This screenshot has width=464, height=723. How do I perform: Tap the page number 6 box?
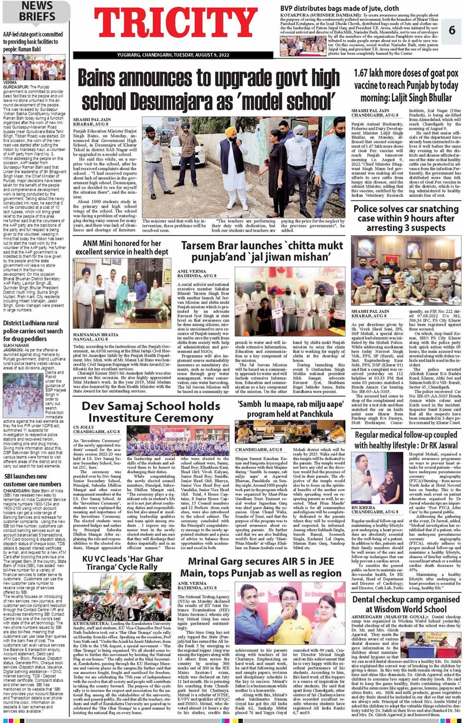click(x=452, y=30)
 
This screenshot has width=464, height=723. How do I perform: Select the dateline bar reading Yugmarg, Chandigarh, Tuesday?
click(x=173, y=55)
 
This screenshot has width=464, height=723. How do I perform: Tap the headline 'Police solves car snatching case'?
click(x=406, y=218)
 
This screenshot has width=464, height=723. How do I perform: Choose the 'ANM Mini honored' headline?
click(x=122, y=248)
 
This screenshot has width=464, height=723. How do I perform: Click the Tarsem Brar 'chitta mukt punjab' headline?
click(x=262, y=251)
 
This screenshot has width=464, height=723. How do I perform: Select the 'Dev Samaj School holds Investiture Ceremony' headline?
click(x=151, y=412)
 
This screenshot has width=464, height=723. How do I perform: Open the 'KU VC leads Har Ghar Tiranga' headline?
click(x=122, y=563)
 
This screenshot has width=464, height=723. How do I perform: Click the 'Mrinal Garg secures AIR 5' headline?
click(x=261, y=567)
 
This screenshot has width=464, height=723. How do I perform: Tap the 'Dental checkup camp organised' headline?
click(x=406, y=604)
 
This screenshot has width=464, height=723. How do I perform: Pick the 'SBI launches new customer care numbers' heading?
click(x=32, y=480)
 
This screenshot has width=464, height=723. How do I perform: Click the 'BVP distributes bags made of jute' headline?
click(x=339, y=8)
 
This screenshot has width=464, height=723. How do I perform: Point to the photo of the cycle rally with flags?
click(x=122, y=596)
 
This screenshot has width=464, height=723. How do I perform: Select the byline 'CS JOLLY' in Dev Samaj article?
click(x=84, y=427)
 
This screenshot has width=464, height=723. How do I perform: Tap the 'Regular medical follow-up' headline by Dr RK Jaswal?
click(x=406, y=440)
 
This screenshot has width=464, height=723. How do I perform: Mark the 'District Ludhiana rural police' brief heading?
click(x=33, y=331)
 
